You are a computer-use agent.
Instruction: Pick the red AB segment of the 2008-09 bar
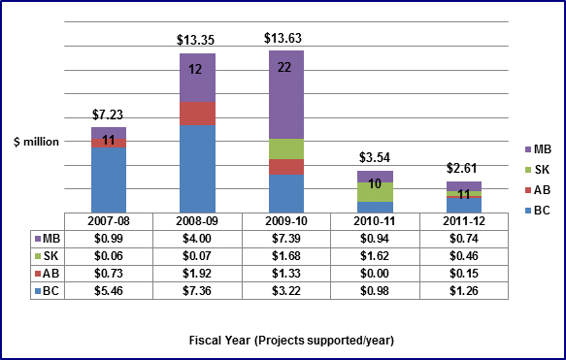tap(197, 114)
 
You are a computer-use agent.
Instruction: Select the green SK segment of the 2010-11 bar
tap(375, 191)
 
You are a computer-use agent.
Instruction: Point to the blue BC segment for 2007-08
tap(109, 180)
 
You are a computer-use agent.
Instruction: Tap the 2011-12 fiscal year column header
tap(463, 220)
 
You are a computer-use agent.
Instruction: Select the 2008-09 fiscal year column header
tap(197, 220)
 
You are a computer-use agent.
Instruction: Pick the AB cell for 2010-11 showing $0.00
tap(375, 274)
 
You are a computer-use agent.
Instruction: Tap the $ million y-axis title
tap(35, 142)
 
